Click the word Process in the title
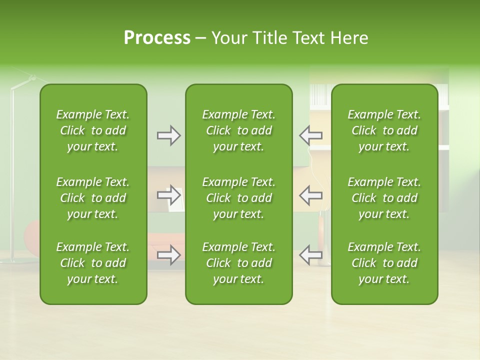point(157,38)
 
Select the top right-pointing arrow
point(169,135)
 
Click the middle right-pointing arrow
point(169,195)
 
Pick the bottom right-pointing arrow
point(169,255)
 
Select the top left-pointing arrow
point(310,135)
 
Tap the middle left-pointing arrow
point(310,195)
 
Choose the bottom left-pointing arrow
point(310,255)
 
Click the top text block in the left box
point(93,130)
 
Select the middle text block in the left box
point(93,198)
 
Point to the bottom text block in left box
point(93,263)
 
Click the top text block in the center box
point(239,130)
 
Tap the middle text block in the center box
point(239,198)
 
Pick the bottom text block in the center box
point(239,263)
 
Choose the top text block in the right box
point(384,130)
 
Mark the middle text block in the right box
point(384,198)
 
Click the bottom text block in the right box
point(384,263)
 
